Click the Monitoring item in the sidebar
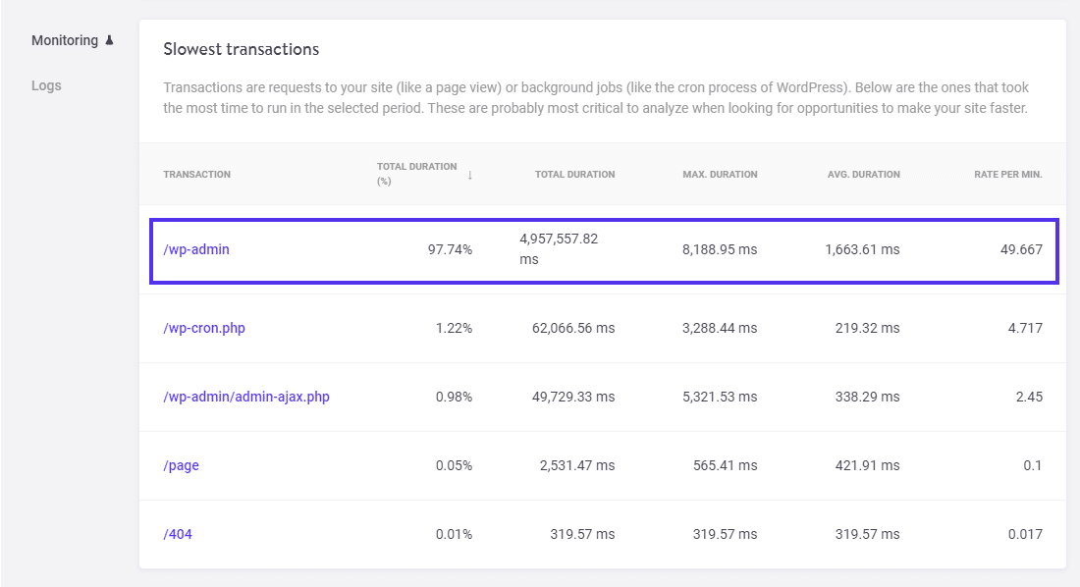click(65, 40)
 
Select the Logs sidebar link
click(46, 85)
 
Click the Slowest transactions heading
click(241, 49)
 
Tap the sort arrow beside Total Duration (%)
click(469, 175)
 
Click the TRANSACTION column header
click(196, 175)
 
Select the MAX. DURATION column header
click(720, 175)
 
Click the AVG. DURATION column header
click(863, 175)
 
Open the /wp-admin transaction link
click(196, 249)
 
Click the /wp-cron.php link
click(204, 328)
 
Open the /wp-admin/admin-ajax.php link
click(246, 397)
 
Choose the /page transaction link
click(181, 465)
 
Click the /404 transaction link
click(179, 534)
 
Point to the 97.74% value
click(450, 249)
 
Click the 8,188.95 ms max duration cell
click(720, 249)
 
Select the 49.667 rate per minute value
click(1021, 249)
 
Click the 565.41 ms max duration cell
click(725, 465)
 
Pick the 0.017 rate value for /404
click(1025, 534)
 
